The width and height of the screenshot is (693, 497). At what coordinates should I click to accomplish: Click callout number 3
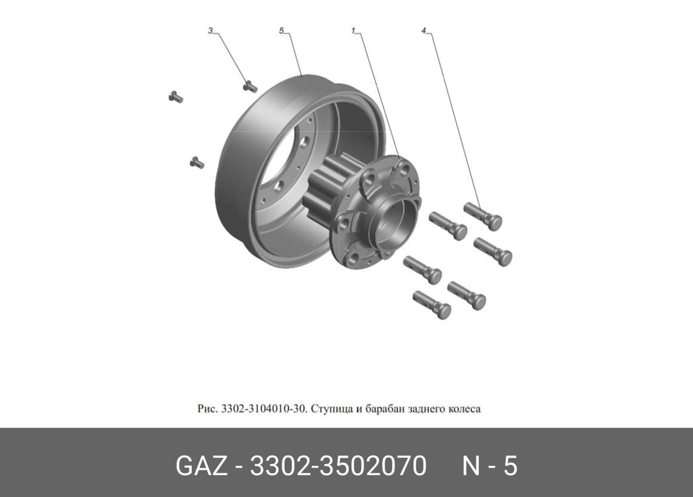tap(211, 30)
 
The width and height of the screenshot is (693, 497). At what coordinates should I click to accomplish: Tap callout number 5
tap(282, 30)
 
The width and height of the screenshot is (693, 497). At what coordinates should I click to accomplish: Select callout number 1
tap(352, 30)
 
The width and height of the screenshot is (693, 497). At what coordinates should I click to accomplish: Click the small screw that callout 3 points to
tap(249, 86)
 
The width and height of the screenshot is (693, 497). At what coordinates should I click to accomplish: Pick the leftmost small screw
tap(176, 97)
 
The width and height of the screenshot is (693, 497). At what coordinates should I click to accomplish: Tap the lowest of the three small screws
tap(197, 162)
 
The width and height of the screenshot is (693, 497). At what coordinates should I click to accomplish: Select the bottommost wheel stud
tap(432, 304)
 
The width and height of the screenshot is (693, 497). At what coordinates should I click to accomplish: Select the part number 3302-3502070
tap(338, 466)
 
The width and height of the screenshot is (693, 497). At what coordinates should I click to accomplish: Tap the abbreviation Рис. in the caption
tap(206, 409)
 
